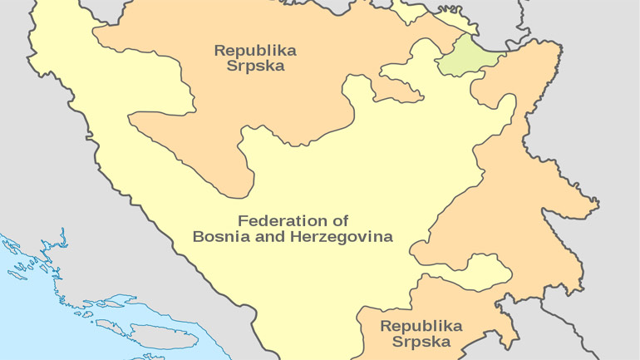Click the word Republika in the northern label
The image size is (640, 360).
click(255, 50)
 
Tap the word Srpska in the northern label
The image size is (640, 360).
click(255, 66)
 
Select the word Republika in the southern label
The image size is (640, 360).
click(421, 326)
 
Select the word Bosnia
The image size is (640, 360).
click(220, 236)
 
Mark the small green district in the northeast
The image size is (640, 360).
click(468, 57)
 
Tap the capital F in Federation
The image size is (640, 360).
click(243, 221)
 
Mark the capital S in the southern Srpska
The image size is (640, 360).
click(396, 341)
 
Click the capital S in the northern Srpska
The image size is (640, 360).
click(231, 66)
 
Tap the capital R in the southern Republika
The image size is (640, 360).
click(385, 326)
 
